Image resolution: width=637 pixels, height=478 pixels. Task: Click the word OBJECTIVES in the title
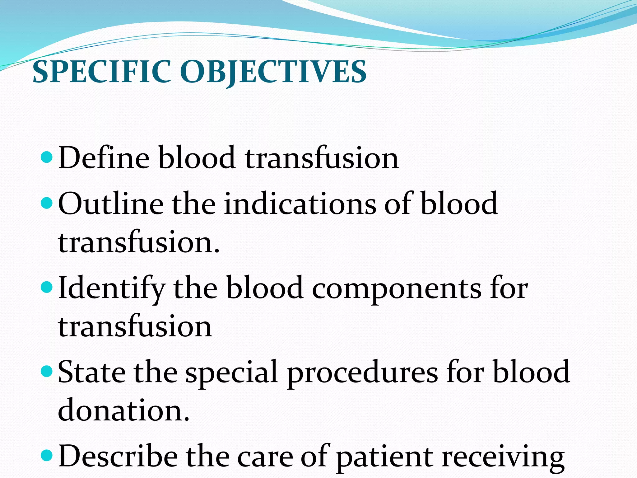(273, 72)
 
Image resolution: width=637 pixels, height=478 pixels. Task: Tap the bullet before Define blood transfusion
(48, 158)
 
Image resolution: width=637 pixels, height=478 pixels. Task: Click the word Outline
(111, 204)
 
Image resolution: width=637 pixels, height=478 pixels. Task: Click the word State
(91, 372)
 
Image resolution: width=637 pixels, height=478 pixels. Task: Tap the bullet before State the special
(48, 372)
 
